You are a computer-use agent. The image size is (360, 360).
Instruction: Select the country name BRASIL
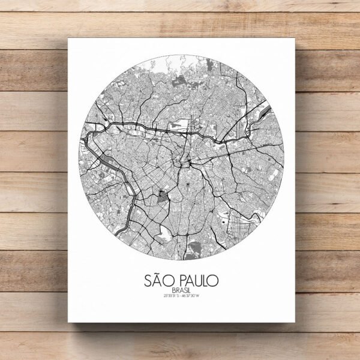point(181,290)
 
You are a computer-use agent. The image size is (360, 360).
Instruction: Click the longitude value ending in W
point(194,296)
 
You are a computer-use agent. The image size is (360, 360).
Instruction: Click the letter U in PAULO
point(198,280)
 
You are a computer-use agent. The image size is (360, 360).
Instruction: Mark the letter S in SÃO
point(149,280)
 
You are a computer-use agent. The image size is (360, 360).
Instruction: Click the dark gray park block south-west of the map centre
point(163,196)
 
